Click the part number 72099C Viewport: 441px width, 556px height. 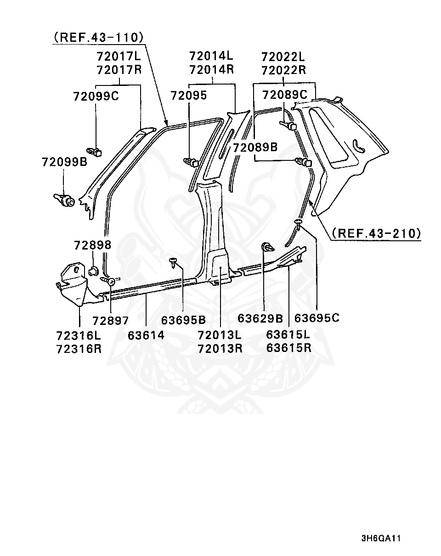pyautogui.click(x=96, y=96)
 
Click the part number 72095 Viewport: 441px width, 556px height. pyautogui.click(x=188, y=96)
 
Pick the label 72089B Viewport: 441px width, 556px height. pyautogui.click(x=255, y=148)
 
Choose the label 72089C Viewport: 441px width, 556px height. pyautogui.click(x=284, y=95)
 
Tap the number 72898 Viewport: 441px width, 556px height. pyautogui.click(x=92, y=245)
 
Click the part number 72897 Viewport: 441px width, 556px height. pyautogui.click(x=110, y=320)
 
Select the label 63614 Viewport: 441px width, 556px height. pyautogui.click(x=146, y=335)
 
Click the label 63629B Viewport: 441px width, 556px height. pyautogui.click(x=260, y=318)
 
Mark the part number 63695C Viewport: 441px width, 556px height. pyautogui.click(x=317, y=318)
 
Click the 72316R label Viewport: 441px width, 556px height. pyautogui.click(x=79, y=349)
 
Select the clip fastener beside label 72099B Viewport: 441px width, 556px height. pyautogui.click(x=64, y=200)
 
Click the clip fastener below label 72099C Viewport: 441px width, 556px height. pyautogui.click(x=95, y=150)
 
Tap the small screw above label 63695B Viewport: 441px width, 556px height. pyautogui.click(x=173, y=262)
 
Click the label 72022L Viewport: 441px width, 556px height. pyautogui.click(x=283, y=57)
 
